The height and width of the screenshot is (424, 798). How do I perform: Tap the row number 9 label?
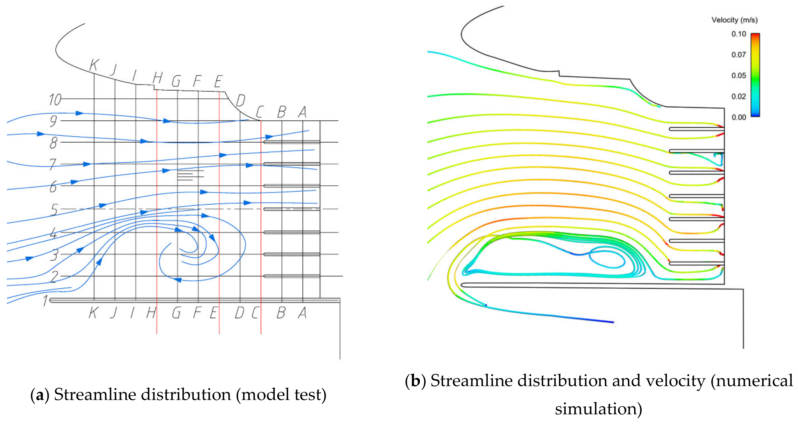click(53, 121)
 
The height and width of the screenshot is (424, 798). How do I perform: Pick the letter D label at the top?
click(240, 101)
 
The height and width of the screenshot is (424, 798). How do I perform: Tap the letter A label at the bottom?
click(302, 313)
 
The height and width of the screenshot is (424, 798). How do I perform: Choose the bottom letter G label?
click(176, 313)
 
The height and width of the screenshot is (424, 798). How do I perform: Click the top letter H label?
click(157, 78)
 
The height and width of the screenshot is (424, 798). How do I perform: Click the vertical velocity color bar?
click(755, 75)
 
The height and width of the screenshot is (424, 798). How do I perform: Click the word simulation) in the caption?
click(599, 409)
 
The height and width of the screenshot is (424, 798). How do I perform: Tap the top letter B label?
click(281, 112)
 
